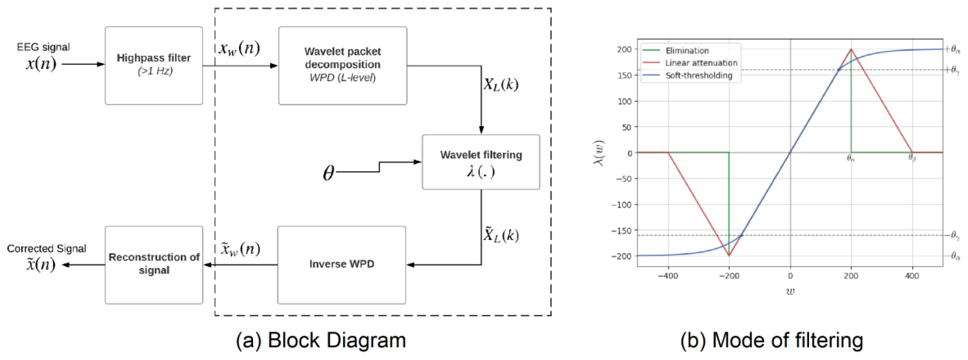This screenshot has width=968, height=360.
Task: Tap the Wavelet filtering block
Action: coord(481,162)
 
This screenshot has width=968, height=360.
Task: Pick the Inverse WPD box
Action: coord(342,264)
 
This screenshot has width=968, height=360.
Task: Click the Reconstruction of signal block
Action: coord(154,264)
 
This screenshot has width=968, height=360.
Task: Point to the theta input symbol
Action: coord(328,173)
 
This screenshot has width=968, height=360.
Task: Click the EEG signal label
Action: coord(43,47)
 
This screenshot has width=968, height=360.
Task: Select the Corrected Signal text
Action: coord(47,248)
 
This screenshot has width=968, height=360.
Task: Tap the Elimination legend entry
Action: coord(687,50)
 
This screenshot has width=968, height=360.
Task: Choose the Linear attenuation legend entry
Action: coord(701,63)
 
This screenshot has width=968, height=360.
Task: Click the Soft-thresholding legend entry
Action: coord(699,76)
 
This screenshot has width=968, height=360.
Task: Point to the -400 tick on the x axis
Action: coord(668,276)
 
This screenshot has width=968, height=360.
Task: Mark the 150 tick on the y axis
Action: coord(624,76)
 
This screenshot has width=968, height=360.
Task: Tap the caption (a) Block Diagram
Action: coord(321,340)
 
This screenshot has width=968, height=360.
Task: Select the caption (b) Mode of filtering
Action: coord(771,340)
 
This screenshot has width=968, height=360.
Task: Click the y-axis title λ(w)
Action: coord(599,153)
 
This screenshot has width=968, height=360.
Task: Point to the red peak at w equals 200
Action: coord(851,50)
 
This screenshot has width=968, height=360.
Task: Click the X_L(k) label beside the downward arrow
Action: coord(501,84)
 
